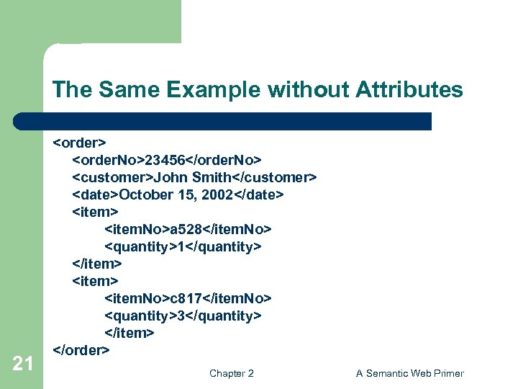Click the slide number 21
[x=22, y=364]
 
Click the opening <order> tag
[x=80, y=142]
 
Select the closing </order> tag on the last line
[x=82, y=350]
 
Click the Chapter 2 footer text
[x=231, y=373]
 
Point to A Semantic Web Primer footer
[x=410, y=373]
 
